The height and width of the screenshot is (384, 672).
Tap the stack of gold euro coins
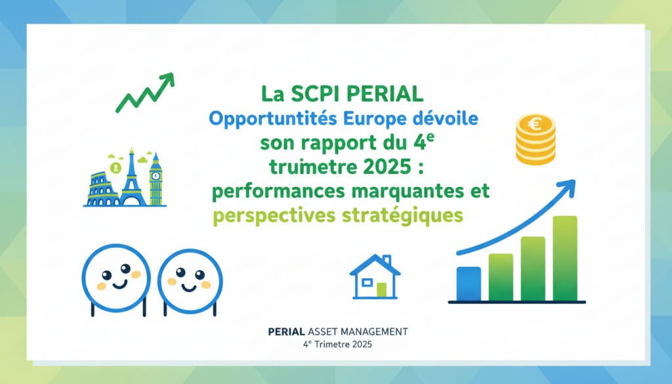coord(535,139)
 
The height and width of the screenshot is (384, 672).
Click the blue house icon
coord(375,275)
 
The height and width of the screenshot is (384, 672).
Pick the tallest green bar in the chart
coord(564,258)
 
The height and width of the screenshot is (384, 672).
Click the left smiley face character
coord(115,276)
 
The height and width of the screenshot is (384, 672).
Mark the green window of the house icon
coord(381,289)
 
